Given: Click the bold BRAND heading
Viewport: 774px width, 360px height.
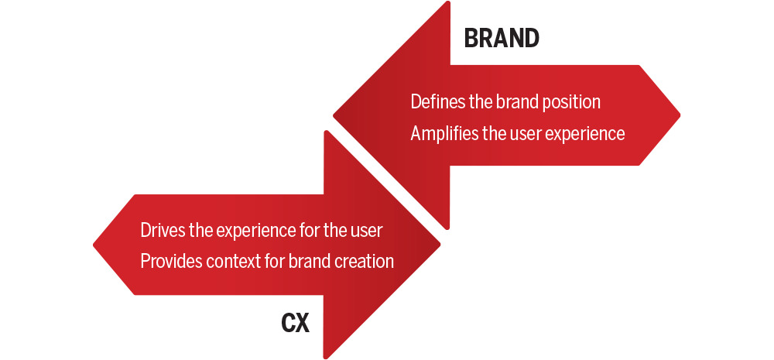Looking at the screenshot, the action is click(502, 39).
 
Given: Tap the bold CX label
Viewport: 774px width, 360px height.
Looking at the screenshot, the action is click(295, 324).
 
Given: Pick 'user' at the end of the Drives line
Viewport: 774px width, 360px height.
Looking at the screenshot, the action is click(365, 231).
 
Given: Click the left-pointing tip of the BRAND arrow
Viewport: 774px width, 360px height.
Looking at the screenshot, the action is click(334, 116).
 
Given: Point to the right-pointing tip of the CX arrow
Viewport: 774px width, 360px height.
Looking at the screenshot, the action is click(440, 244).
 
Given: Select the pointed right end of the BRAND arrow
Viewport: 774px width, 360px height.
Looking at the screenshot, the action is click(680, 115).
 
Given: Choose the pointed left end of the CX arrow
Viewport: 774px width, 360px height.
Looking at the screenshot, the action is click(94, 245).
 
